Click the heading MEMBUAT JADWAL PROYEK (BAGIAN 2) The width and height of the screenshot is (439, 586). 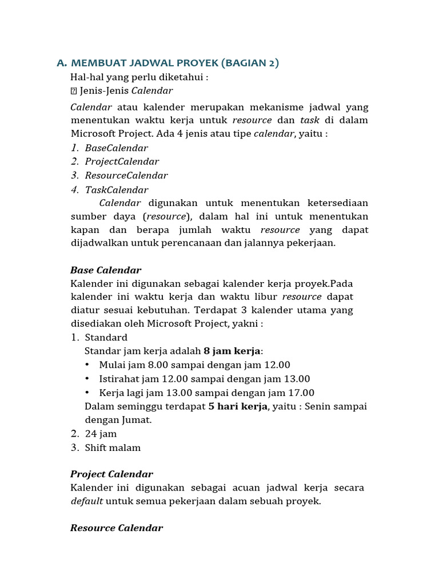click(x=174, y=63)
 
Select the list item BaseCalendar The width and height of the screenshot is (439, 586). click(x=116, y=148)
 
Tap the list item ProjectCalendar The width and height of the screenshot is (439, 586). click(x=122, y=162)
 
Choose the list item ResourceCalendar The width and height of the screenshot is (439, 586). click(x=126, y=176)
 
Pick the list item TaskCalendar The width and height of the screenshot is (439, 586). click(x=116, y=190)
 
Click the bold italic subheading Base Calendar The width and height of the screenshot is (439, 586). click(x=106, y=270)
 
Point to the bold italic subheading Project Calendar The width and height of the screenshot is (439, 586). click(x=111, y=474)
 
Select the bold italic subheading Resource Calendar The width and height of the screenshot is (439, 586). click(x=117, y=528)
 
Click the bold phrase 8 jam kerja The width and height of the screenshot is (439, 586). click(x=232, y=351)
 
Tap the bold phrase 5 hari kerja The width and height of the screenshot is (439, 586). click(x=237, y=406)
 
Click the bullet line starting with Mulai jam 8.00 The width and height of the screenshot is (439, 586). click(x=194, y=365)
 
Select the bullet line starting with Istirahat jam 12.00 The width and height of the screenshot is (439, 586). click(x=204, y=379)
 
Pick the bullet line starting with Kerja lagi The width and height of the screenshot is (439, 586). click(x=206, y=393)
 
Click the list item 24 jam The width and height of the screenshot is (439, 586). click(x=101, y=434)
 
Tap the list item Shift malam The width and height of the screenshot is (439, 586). click(x=113, y=448)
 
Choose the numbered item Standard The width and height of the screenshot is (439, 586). click(x=106, y=337)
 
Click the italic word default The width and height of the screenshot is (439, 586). click(x=87, y=501)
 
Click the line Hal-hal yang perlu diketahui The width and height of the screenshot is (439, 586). click(x=139, y=77)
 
